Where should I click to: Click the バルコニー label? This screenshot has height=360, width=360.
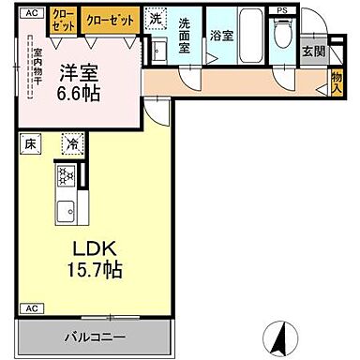pyautogui.click(x=95, y=335)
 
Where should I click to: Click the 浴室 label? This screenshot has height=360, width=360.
pyautogui.click(x=221, y=35)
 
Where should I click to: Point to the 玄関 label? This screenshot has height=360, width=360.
pyautogui.click(x=311, y=52)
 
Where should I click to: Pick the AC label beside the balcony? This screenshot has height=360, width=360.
pyautogui.click(x=30, y=308)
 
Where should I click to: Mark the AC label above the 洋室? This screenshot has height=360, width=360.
pyautogui.click(x=30, y=12)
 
